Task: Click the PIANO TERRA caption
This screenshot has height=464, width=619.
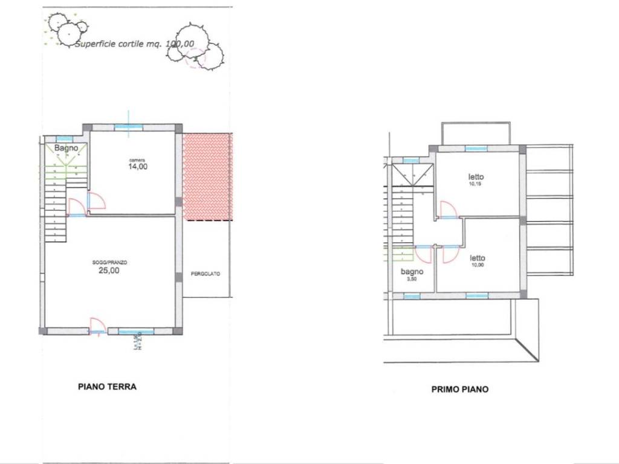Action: [x=107, y=387]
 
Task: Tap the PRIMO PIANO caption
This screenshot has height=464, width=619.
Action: [x=459, y=390]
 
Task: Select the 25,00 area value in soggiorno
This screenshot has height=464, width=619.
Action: [x=109, y=271]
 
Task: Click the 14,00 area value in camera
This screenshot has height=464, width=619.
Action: [x=137, y=167]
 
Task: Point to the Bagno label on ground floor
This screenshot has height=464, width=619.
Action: [x=66, y=148]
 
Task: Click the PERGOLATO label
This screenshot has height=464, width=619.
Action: [x=206, y=274]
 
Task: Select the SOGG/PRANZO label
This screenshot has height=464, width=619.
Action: [x=109, y=262]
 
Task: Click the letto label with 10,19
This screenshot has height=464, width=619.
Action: [x=476, y=177]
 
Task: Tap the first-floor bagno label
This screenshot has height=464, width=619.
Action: [x=412, y=272]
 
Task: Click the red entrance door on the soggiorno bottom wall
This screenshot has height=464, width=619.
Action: [x=97, y=326]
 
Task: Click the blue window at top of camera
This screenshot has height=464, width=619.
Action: [x=129, y=127]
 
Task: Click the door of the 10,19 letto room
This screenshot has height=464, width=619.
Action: [x=449, y=210]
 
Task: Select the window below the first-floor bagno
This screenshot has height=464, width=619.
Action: [x=412, y=296]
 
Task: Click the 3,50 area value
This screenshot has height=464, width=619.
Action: [x=412, y=280]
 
